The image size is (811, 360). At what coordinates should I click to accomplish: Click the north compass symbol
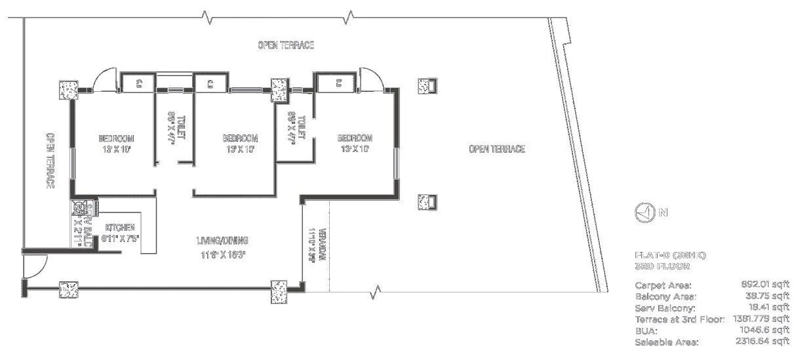(645, 212)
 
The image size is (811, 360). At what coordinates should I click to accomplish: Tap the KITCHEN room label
(120, 228)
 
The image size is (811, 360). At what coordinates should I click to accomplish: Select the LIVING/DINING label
(224, 240)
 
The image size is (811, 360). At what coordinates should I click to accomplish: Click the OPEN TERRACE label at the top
(286, 45)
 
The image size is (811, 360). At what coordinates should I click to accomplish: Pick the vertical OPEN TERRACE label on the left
(49, 161)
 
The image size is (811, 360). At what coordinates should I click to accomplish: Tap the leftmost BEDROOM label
(116, 138)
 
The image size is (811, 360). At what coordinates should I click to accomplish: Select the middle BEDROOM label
(240, 138)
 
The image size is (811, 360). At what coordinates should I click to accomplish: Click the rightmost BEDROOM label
(355, 138)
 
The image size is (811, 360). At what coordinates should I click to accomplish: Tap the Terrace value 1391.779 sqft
(761, 319)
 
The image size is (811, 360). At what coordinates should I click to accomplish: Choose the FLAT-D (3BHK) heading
(670, 255)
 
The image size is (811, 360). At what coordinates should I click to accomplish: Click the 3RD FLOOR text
(662, 267)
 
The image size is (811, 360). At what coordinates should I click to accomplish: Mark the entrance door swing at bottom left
(33, 266)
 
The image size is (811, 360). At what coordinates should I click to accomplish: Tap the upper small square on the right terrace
(427, 86)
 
